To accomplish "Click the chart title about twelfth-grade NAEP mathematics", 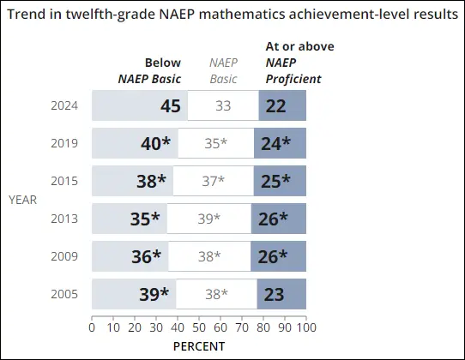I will [x=232, y=16].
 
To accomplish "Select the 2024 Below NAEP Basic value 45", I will [x=169, y=106].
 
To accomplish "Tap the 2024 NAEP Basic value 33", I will [x=223, y=106].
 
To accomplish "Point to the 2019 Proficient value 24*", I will [x=275, y=144].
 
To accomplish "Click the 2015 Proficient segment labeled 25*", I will [x=275, y=181].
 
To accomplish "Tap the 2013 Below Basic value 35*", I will [x=145, y=219].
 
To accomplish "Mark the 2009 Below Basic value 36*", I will [x=145, y=256].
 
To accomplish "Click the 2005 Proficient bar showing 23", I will [x=274, y=294].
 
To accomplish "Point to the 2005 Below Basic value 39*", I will [x=154, y=294].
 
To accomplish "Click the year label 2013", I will [x=64, y=219].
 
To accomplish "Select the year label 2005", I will [x=64, y=294].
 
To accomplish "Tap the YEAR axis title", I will [x=22, y=200].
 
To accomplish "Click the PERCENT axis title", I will [x=198, y=346].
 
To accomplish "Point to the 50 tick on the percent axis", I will [x=199, y=327].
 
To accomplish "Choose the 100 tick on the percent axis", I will [x=305, y=327].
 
